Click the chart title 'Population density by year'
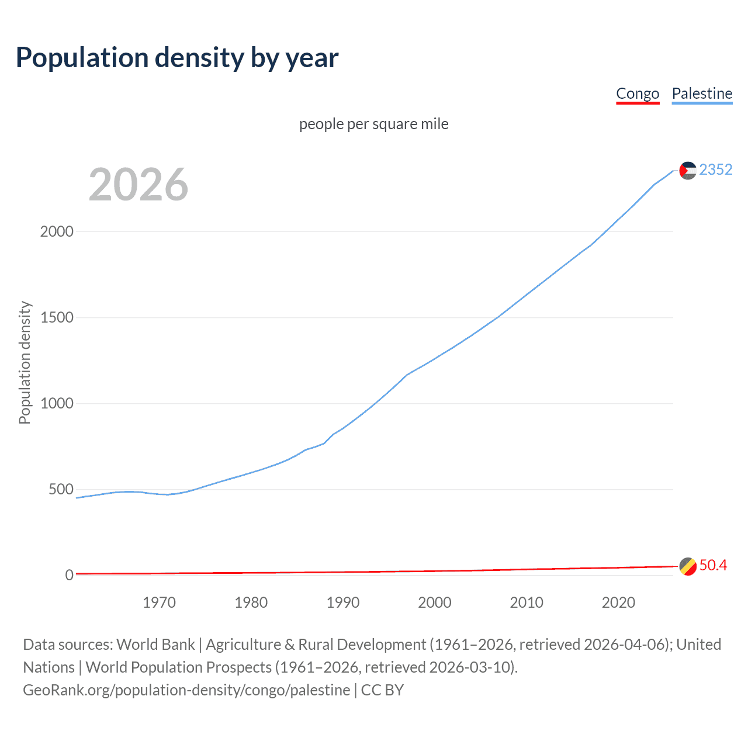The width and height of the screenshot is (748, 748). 177,58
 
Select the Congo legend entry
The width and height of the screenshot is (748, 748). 638,93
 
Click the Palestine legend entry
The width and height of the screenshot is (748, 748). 702,93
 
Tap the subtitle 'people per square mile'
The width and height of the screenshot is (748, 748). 373,124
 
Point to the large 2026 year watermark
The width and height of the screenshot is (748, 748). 138,185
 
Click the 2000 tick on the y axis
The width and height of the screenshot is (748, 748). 57,231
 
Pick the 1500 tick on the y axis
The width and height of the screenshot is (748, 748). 57,317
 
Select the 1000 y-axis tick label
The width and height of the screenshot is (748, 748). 57,403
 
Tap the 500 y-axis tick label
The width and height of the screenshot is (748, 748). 61,489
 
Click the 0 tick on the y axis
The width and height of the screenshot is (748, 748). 70,575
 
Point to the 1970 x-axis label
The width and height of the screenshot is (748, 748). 159,602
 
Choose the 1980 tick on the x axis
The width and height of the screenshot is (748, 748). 251,602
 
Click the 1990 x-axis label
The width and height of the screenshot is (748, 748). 343,602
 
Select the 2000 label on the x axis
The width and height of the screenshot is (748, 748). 435,602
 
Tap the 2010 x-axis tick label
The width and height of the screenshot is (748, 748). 527,602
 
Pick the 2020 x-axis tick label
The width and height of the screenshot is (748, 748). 618,602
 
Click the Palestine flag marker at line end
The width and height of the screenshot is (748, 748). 688,170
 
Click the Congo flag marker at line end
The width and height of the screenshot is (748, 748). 688,566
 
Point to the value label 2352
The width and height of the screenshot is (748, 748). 716,169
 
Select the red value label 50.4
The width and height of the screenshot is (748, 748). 713,565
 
